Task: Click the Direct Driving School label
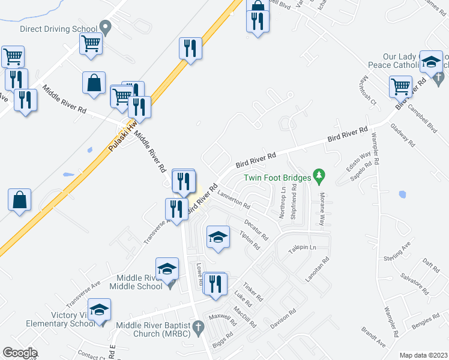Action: tap(58, 28)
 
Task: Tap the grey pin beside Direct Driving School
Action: tap(106, 27)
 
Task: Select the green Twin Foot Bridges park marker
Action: tap(319, 176)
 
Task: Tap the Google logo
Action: tap(20, 353)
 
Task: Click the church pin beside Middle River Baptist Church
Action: tap(199, 327)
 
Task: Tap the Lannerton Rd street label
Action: tap(234, 199)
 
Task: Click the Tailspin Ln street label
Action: tap(303, 247)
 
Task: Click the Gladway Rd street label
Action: tap(402, 136)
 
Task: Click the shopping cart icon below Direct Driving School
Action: tap(91, 43)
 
